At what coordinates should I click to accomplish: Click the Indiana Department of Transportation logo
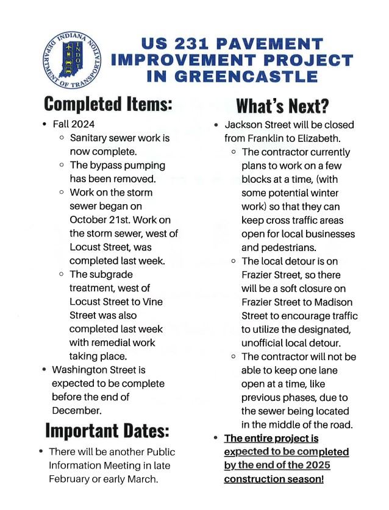pos(72,59)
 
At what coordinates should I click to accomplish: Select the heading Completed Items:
pos(108,103)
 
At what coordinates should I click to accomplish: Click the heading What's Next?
pos(282,105)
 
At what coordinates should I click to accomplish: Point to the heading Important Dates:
pos(107,431)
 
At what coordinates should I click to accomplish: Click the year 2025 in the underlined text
pos(316,466)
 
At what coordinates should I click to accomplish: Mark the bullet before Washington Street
pos(45,370)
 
